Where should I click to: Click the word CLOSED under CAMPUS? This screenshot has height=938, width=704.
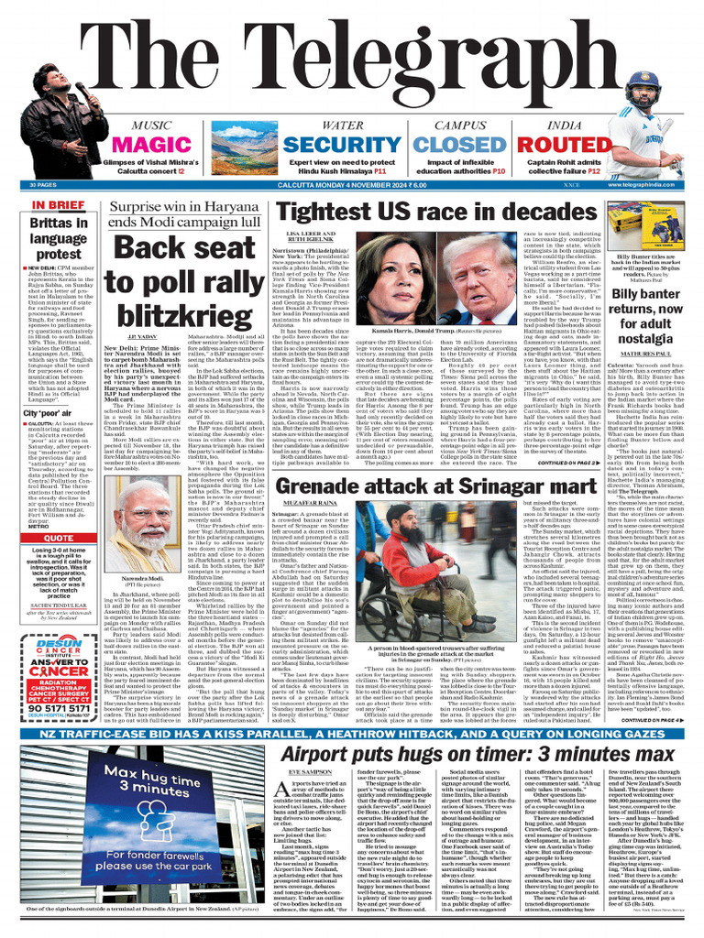[410, 146]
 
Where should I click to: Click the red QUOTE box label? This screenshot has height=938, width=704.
[59, 539]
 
